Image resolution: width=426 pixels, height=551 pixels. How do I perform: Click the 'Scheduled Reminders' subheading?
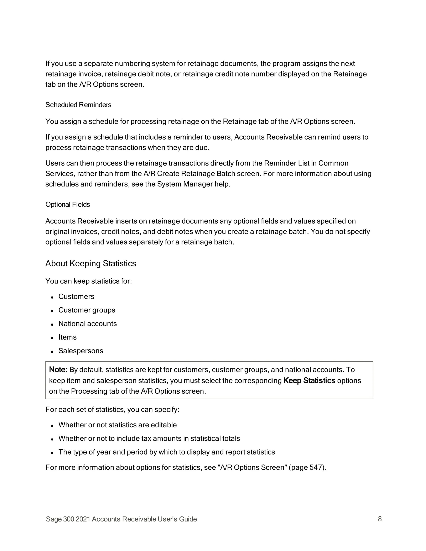78,105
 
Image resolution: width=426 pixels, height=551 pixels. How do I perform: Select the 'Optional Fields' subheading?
68,204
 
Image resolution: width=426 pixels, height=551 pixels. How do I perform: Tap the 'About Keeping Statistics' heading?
91,263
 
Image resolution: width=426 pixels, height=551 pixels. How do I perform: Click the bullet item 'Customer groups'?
87,310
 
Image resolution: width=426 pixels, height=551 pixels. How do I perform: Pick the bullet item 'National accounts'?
87,324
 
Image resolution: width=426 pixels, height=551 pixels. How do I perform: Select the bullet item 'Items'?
67,337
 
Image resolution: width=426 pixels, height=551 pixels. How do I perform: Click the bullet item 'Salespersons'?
81,351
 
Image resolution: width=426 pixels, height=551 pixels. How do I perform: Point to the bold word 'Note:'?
58,370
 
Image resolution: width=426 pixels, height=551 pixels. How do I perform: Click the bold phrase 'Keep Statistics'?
309,381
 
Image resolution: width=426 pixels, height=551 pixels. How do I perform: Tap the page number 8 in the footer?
380,519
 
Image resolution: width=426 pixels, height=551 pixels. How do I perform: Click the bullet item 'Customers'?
76,297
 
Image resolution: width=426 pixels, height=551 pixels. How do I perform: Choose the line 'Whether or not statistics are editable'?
117,425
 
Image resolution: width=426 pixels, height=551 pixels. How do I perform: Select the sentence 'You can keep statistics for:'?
89,281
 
